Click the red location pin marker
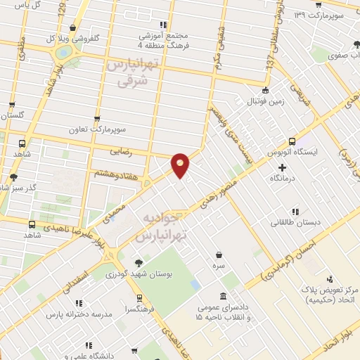181,165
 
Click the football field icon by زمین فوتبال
265,90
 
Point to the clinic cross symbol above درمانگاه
283,167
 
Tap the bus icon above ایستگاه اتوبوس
292,140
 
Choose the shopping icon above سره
220,255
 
